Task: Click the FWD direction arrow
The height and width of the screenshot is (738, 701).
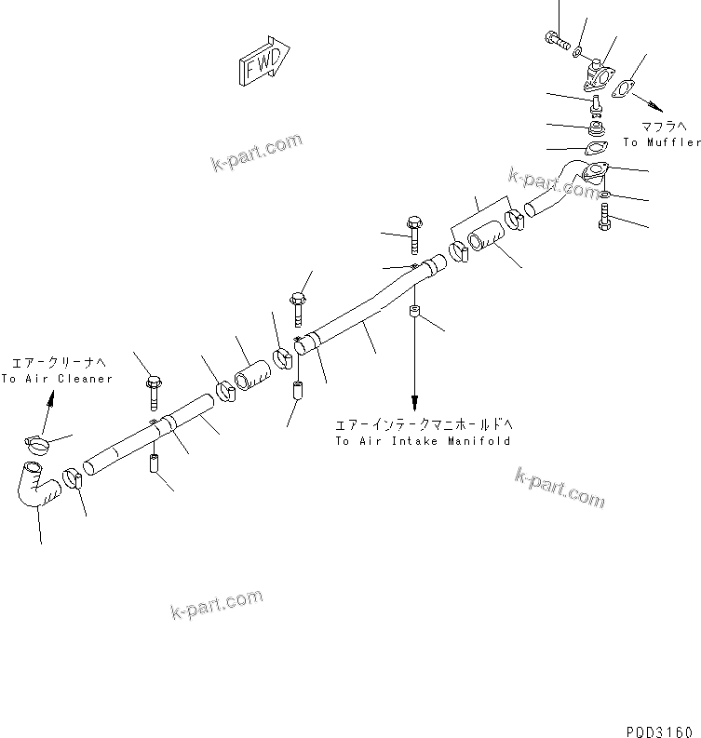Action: point(264,62)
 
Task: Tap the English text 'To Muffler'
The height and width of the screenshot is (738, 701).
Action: point(661,142)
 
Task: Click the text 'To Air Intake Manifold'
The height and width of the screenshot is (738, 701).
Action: point(423,441)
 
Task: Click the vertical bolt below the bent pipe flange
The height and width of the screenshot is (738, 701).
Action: point(606,221)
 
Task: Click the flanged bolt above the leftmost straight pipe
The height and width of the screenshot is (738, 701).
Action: point(153,390)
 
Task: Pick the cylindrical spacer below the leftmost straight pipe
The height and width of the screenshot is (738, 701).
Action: point(155,461)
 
